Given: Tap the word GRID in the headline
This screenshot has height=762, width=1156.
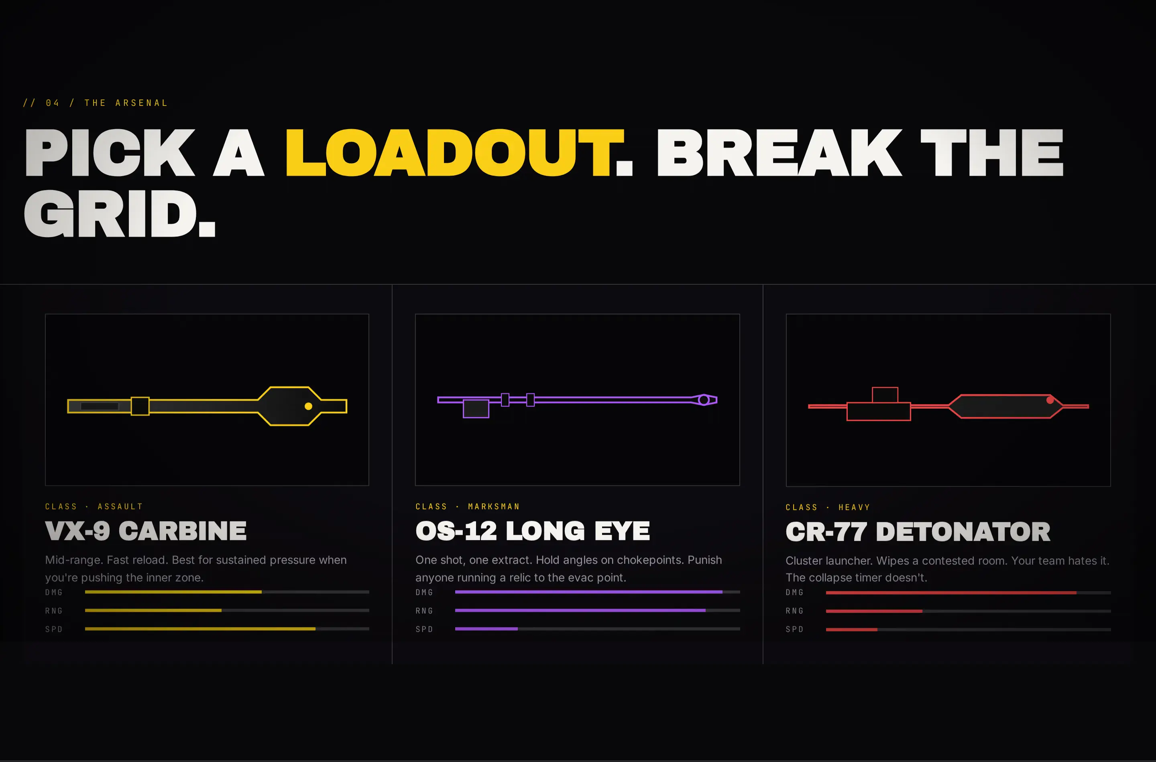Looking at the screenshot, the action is (x=110, y=213).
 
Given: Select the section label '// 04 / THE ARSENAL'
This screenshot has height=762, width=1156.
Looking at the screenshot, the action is (x=95, y=103).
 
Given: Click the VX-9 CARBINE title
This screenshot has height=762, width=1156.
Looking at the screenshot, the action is (x=146, y=531).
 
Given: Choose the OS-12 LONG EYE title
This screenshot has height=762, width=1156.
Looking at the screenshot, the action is (x=533, y=531).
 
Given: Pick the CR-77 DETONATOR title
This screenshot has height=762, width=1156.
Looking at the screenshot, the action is (x=918, y=532).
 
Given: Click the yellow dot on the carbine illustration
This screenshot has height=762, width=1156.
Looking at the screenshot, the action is (x=308, y=406).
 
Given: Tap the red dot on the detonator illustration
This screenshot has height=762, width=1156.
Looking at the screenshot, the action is (x=1050, y=400).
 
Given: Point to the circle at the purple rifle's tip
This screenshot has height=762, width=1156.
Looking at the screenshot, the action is (x=704, y=400).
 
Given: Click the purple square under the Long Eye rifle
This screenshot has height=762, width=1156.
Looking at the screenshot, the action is (x=476, y=409).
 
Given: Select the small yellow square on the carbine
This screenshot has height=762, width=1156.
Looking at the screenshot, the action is (x=140, y=406).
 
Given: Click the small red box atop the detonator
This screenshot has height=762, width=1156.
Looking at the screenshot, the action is (x=885, y=395).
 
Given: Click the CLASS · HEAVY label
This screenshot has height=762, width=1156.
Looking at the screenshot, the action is (x=828, y=507).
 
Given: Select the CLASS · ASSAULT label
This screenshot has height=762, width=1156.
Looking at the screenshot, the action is (x=94, y=507).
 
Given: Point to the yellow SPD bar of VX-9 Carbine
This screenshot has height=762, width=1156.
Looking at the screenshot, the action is (x=200, y=629).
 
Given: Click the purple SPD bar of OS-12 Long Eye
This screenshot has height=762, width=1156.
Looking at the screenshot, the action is (x=486, y=629).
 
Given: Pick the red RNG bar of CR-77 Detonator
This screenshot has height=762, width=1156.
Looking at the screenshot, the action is (x=874, y=611).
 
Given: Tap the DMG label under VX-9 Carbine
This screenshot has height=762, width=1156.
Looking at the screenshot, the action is (x=54, y=592).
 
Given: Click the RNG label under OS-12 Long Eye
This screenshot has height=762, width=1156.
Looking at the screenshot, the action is (x=424, y=611).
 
